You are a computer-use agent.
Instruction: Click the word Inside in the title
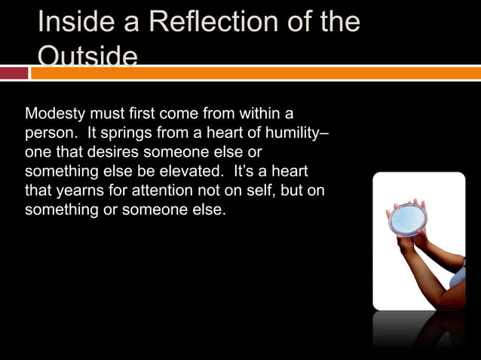pos(71,22)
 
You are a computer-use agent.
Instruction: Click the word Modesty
pos(55,114)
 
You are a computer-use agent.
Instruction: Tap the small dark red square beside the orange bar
pos(14,73)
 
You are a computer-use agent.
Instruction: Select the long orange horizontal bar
pos(256,73)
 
